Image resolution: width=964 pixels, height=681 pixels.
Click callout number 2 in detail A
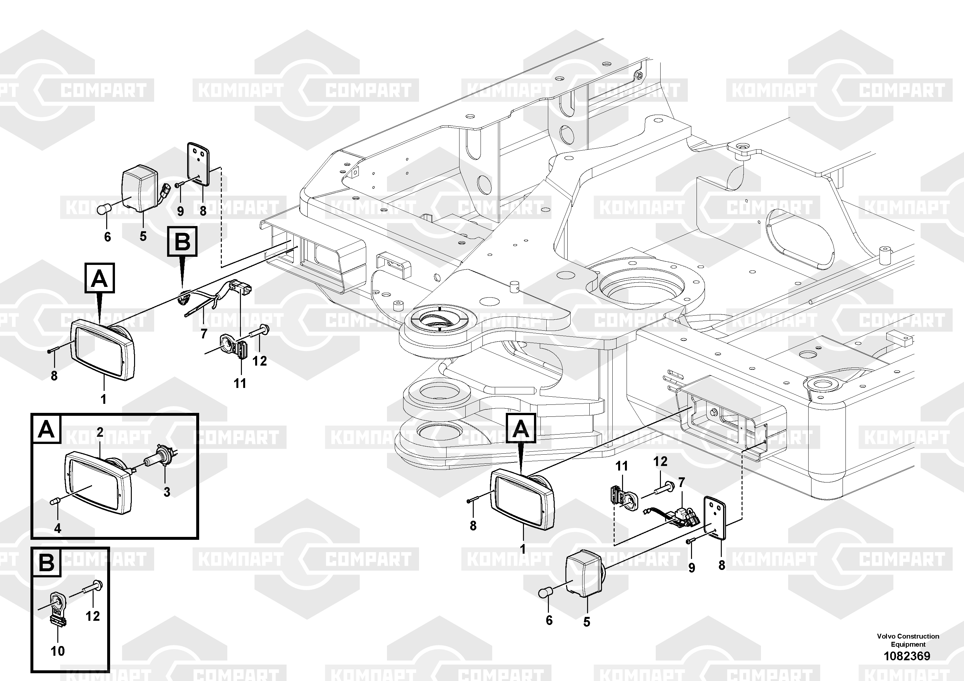tap(100, 432)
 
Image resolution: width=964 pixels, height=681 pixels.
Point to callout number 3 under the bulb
tap(167, 492)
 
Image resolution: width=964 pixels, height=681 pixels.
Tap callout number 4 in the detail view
tap(58, 528)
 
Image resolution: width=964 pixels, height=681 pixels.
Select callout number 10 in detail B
tap(58, 651)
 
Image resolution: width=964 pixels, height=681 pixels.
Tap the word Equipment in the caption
tap(908, 644)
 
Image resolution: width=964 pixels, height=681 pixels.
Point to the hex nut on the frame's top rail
tap(639, 76)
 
